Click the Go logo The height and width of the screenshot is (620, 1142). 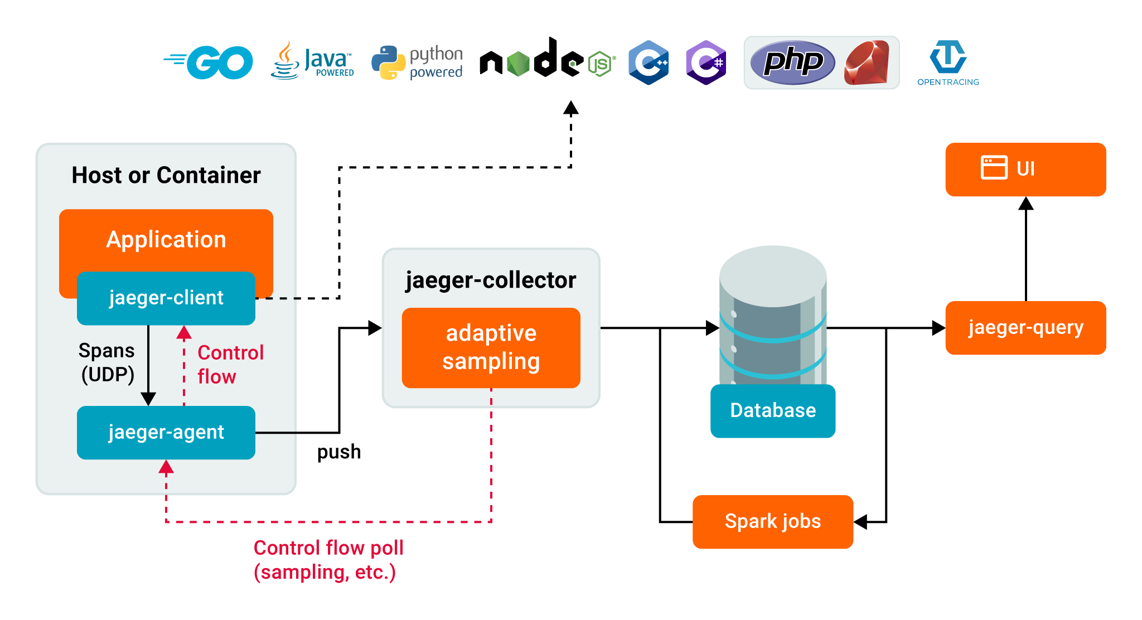pyautogui.click(x=209, y=62)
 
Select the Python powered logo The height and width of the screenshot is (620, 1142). pyautogui.click(x=417, y=62)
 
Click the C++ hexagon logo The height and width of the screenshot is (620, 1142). pyautogui.click(x=649, y=62)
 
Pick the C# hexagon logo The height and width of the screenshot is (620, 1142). pyautogui.click(x=706, y=62)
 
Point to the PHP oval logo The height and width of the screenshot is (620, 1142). pyautogui.click(x=792, y=62)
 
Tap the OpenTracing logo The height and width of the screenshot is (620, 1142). pyautogui.click(x=948, y=63)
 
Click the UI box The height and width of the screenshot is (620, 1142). pyautogui.click(x=1025, y=169)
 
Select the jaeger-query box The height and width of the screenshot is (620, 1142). pyautogui.click(x=1025, y=328)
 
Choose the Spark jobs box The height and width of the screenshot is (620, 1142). pyautogui.click(x=773, y=522)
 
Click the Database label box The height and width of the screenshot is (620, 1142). pyautogui.click(x=773, y=411)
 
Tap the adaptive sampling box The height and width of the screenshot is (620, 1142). pyautogui.click(x=491, y=348)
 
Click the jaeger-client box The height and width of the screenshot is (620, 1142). pyautogui.click(x=166, y=298)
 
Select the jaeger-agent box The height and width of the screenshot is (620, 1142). pyautogui.click(x=166, y=433)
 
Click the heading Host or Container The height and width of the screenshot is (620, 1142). pyautogui.click(x=166, y=176)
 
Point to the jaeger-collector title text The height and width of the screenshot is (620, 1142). pyautogui.click(x=491, y=280)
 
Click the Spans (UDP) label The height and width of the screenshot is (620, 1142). pyautogui.click(x=107, y=362)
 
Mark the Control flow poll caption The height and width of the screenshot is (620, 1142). pyautogui.click(x=328, y=560)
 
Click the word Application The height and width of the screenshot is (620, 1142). pyautogui.click(x=166, y=240)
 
